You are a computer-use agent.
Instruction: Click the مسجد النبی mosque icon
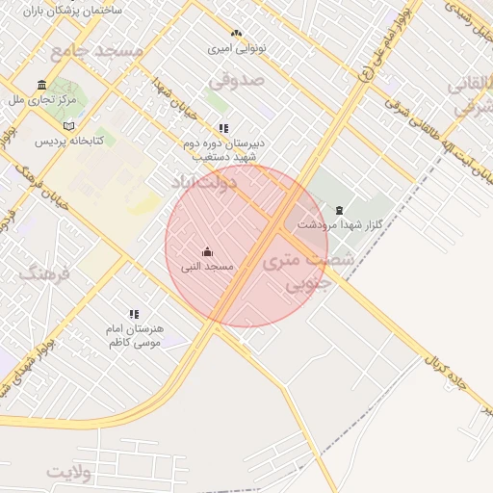(207, 252)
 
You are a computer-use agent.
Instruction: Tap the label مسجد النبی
(207, 266)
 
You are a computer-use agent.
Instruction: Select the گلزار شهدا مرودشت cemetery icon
(338, 210)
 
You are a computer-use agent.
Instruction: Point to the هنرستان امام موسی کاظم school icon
(134, 314)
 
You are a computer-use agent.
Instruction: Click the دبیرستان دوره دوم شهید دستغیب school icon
(223, 128)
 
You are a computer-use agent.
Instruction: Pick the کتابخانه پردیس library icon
(67, 126)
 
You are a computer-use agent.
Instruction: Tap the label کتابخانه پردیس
(68, 141)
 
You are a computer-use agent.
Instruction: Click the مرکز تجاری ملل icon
(41, 85)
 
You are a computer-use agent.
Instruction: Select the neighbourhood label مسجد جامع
(96, 49)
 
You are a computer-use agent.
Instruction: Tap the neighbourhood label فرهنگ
(44, 274)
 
